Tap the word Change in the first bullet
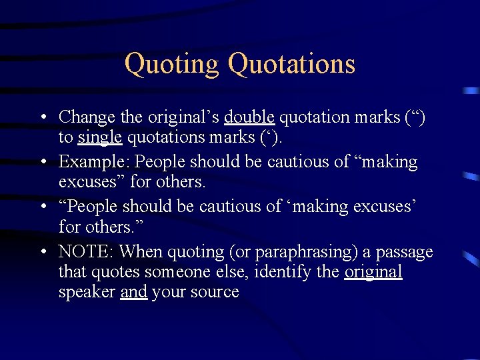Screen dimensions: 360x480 coord(87,117)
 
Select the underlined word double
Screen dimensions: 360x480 coord(249,117)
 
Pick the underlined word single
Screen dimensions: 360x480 coord(100,137)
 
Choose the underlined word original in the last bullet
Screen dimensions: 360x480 coord(373,272)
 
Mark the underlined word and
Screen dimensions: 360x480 coord(133,292)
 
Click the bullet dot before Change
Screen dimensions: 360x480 coord(43,118)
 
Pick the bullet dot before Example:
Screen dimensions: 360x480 coord(43,163)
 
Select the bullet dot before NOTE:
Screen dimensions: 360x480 coord(43,253)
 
